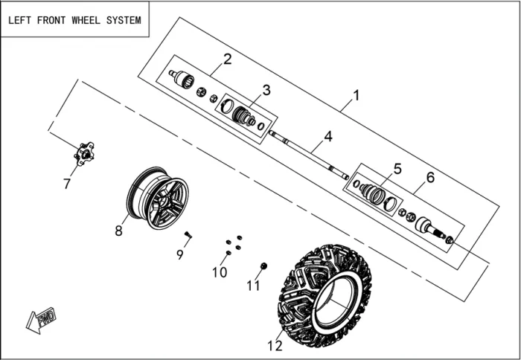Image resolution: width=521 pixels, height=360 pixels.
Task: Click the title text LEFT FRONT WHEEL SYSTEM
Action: click(x=74, y=20)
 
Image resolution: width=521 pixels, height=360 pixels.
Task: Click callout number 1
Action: click(x=356, y=96)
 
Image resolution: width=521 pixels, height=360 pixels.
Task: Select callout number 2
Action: click(x=228, y=59)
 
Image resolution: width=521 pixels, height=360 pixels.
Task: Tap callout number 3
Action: click(x=266, y=90)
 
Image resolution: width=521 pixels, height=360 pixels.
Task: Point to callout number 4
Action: click(x=327, y=137)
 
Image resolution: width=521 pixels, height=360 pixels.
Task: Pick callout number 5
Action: click(x=397, y=169)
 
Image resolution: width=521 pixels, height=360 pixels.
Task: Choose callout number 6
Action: click(x=429, y=177)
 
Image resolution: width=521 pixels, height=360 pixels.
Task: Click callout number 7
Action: click(x=67, y=184)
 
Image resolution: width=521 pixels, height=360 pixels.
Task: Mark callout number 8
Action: click(x=118, y=231)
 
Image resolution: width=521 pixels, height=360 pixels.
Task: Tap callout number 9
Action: click(x=179, y=254)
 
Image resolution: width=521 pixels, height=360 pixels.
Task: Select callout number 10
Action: click(x=219, y=272)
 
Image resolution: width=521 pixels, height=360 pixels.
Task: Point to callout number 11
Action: click(x=254, y=285)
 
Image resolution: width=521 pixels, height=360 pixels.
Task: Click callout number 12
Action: click(x=275, y=345)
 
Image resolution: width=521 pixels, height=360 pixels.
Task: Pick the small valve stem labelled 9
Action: click(x=188, y=234)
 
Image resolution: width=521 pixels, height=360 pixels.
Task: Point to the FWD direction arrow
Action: click(x=41, y=320)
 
